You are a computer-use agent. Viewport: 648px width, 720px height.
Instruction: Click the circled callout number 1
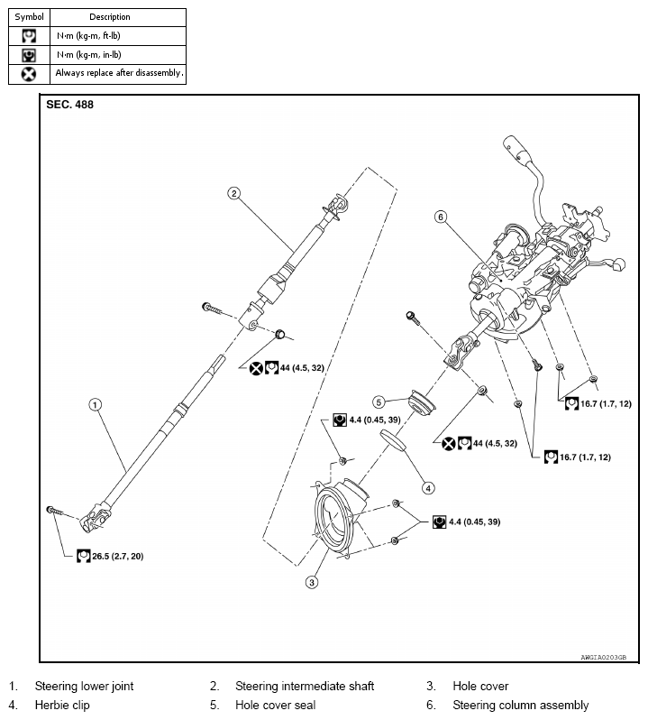[x=94, y=404]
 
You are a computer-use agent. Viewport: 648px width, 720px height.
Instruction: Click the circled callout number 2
[x=233, y=193]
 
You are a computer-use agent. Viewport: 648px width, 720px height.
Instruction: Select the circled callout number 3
[x=312, y=582]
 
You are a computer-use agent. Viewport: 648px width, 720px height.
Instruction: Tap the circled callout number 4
[x=429, y=488]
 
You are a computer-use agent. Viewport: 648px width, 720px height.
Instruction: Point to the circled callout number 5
[x=379, y=402]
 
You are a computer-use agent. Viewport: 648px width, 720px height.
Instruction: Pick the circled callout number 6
[x=440, y=217]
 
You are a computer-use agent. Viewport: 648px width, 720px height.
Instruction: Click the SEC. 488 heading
[x=69, y=105]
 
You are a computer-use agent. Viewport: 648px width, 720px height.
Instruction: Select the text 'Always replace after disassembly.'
[x=119, y=73]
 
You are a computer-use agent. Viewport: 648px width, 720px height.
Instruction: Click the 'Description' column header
[x=110, y=17]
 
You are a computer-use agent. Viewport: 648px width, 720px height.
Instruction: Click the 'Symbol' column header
[x=28, y=17]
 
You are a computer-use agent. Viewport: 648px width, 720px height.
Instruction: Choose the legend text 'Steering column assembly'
[x=520, y=705]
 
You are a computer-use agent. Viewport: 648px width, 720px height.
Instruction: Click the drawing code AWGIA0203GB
[x=603, y=658]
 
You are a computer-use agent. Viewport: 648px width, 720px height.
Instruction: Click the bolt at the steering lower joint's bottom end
[x=54, y=512]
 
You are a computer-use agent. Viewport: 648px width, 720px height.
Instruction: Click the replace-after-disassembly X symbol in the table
[x=28, y=73]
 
